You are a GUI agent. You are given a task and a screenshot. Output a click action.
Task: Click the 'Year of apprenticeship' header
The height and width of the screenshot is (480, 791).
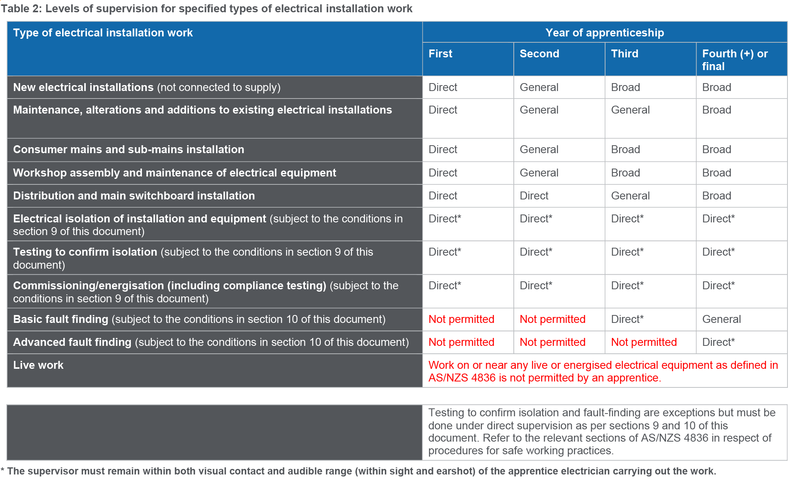tap(604, 32)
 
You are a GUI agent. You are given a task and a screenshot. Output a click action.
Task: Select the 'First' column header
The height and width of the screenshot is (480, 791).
tap(440, 53)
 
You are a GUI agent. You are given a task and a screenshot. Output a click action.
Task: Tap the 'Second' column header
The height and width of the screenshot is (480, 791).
tap(539, 53)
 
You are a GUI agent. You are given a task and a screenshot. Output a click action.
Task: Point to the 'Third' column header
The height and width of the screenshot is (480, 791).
tap(624, 53)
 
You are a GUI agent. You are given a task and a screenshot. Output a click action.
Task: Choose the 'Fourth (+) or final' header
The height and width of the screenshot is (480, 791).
tap(734, 60)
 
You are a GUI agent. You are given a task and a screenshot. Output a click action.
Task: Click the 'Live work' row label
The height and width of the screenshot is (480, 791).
tap(38, 365)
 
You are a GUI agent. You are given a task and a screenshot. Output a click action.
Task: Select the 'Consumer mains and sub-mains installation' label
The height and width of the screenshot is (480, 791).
tap(129, 149)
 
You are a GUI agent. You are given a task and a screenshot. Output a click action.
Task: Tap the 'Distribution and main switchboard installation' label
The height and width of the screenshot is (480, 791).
tap(134, 195)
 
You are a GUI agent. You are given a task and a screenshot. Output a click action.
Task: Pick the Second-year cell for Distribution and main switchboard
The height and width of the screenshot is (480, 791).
tap(534, 195)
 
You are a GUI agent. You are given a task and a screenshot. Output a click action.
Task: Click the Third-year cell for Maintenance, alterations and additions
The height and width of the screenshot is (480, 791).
tap(630, 110)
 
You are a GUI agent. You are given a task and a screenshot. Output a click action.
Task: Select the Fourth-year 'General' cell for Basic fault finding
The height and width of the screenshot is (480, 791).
tap(721, 319)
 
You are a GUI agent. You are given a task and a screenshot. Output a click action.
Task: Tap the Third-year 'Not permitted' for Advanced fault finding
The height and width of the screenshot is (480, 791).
tap(643, 342)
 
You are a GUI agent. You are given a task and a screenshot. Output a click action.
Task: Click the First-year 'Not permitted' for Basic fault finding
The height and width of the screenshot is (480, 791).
tap(461, 319)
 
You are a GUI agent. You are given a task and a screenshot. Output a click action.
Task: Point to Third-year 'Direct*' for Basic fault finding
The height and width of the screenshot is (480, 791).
tap(627, 319)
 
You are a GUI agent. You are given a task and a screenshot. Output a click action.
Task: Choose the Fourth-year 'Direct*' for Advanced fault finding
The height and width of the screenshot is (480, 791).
tap(718, 342)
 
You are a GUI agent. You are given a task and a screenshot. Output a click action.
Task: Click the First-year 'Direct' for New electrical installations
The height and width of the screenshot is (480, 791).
tap(443, 87)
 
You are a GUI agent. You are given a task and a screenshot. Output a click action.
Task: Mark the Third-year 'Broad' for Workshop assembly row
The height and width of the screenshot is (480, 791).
tap(625, 173)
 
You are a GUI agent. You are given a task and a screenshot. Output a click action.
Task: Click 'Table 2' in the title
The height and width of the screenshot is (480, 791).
tap(21, 9)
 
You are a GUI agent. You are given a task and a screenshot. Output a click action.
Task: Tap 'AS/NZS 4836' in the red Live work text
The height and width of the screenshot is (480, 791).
tap(462, 378)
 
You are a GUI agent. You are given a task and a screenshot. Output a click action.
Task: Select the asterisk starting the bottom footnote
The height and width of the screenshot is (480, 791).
tap(3, 470)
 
